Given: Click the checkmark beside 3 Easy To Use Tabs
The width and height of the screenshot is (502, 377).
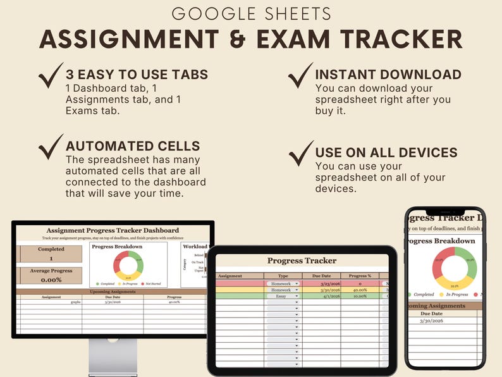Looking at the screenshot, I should [x=51, y=77].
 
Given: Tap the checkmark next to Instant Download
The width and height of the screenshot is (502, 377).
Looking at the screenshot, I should [x=301, y=77].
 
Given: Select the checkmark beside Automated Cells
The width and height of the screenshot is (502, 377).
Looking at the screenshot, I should [x=51, y=147].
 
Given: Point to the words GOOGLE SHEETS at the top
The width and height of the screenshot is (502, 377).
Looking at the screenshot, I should [x=251, y=13].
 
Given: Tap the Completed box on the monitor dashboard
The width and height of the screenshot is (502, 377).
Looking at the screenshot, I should [x=51, y=254].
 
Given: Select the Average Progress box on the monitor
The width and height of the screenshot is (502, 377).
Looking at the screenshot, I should [x=51, y=276].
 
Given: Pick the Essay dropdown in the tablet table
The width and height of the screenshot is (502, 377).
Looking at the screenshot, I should [x=282, y=295].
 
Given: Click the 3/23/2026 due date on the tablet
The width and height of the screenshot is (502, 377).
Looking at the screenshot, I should [x=321, y=284].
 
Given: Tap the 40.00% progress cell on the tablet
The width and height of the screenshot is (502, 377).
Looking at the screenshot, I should [x=360, y=290].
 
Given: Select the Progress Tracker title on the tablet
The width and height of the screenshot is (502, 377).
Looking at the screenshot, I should [x=302, y=261].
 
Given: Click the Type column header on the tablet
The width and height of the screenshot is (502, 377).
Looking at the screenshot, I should [x=283, y=276].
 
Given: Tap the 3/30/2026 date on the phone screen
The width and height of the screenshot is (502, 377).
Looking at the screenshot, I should [x=432, y=321].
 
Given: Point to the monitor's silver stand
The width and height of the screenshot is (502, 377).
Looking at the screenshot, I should [x=113, y=357].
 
